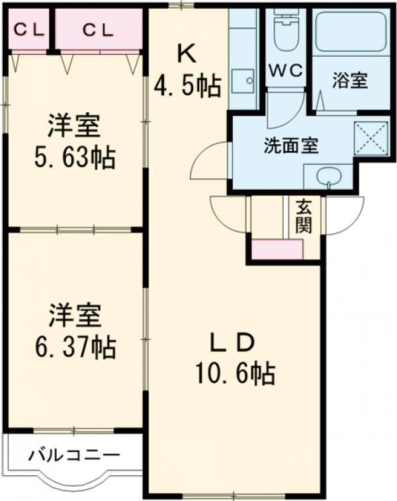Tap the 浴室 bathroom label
[349, 84]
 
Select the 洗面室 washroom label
[291, 145]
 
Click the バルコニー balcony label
[74, 455]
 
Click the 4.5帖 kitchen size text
[188, 87]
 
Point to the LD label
[232, 342]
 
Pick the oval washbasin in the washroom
[327, 176]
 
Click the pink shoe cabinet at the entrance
[277, 249]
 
